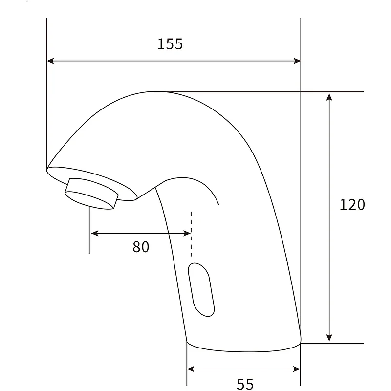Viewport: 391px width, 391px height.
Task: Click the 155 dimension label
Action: (170, 44)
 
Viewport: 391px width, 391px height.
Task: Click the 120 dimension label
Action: (352, 204)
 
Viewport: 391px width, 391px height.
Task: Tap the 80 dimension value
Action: (141, 247)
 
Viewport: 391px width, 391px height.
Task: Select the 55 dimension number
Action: (245, 384)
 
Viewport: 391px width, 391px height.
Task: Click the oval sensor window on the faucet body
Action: (201, 290)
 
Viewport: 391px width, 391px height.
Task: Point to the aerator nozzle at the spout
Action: (91, 194)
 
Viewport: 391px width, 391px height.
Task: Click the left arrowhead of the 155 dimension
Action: (50, 61)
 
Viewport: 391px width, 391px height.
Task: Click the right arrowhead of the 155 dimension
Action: (297, 61)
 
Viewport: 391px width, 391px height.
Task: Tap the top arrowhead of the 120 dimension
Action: (329, 97)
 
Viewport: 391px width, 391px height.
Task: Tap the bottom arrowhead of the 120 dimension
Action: (329, 338)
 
